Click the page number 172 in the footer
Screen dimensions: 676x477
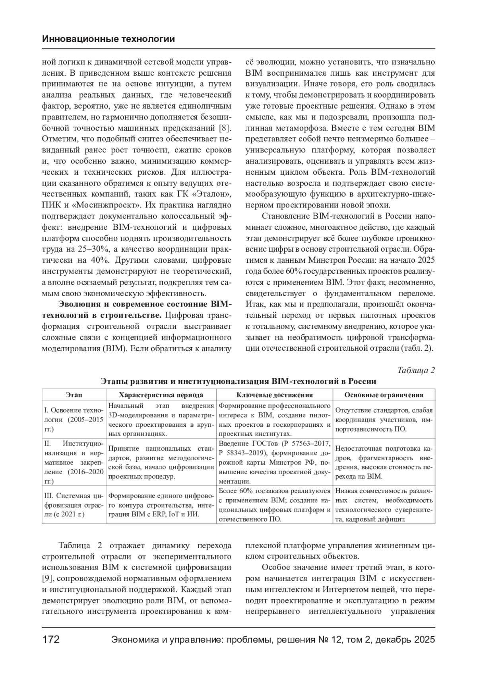51,640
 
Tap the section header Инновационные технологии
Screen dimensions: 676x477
108,39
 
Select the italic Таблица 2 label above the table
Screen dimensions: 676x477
416,370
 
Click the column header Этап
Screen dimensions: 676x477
74,395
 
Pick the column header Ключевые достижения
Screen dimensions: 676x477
275,395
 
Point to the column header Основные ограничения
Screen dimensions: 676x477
384,395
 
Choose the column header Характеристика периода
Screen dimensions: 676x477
161,395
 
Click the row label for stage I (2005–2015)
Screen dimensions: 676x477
74,420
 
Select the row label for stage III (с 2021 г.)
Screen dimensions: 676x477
74,505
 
